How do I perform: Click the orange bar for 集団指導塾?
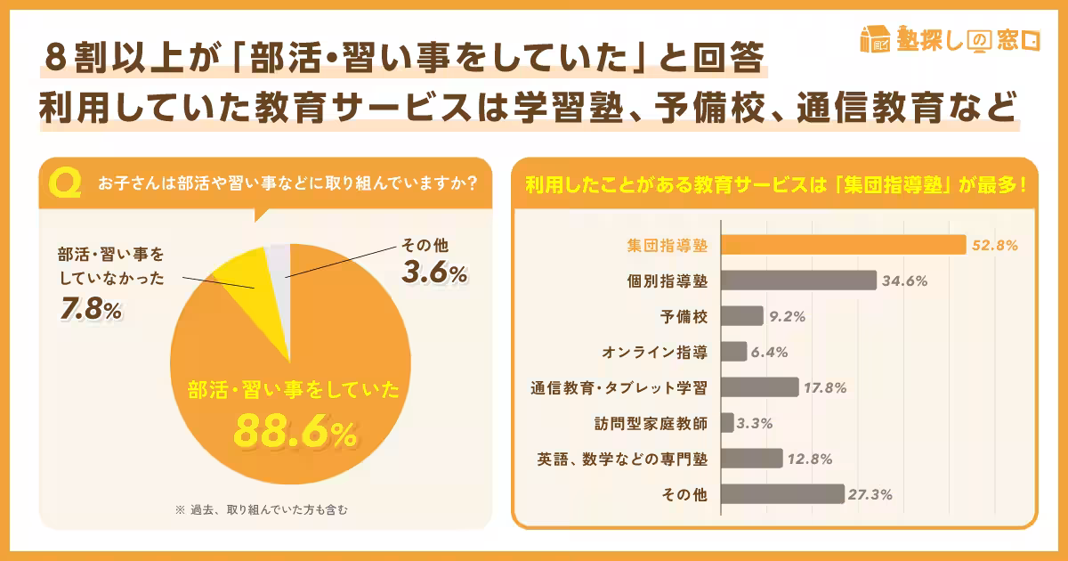(x=842, y=245)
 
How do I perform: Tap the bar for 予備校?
(x=741, y=316)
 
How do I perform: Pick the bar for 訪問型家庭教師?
(x=726, y=423)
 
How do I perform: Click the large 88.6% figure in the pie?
(x=295, y=432)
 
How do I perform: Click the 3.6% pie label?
(x=434, y=274)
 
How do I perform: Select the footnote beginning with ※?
(x=268, y=510)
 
